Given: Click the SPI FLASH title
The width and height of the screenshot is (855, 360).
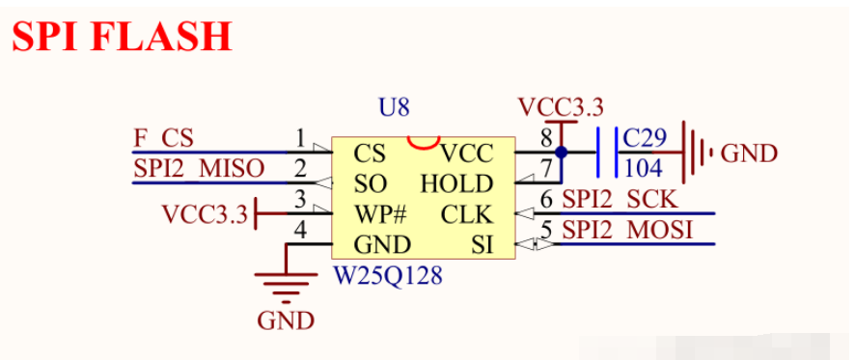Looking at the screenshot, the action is [x=123, y=37].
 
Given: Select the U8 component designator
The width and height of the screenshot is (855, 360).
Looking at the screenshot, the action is [x=394, y=108].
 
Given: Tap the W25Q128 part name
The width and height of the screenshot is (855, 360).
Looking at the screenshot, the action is [x=388, y=276].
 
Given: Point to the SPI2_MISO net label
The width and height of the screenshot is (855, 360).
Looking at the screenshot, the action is [x=199, y=169].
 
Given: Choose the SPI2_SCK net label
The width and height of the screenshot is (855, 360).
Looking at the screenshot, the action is [x=621, y=200].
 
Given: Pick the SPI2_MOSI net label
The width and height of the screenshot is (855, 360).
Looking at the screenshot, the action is [x=627, y=230].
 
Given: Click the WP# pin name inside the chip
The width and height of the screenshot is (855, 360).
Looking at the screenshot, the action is [x=380, y=214].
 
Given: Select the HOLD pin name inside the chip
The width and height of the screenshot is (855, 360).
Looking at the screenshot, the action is [x=457, y=184].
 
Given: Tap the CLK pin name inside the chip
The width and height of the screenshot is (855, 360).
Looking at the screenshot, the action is [x=467, y=214].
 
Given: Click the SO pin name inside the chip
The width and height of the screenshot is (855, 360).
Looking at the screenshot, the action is [x=371, y=184].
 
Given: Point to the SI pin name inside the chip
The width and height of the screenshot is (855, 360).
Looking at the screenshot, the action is [x=483, y=245].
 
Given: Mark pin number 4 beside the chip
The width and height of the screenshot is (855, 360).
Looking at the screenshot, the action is [x=300, y=230].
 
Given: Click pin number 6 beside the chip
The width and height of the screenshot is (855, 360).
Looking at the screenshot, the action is [x=546, y=200].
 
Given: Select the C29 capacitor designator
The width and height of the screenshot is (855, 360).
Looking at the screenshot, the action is [x=645, y=138].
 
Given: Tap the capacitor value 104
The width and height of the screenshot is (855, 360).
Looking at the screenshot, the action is [x=643, y=169].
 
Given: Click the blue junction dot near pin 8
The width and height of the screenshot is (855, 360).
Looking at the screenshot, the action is [x=561, y=152].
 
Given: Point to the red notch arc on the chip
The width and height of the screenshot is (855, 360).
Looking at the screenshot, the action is [x=424, y=143].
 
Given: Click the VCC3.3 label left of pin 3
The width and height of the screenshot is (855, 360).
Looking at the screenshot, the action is [x=205, y=214].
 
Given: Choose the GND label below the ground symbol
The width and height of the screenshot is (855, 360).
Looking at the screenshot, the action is [x=286, y=320].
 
